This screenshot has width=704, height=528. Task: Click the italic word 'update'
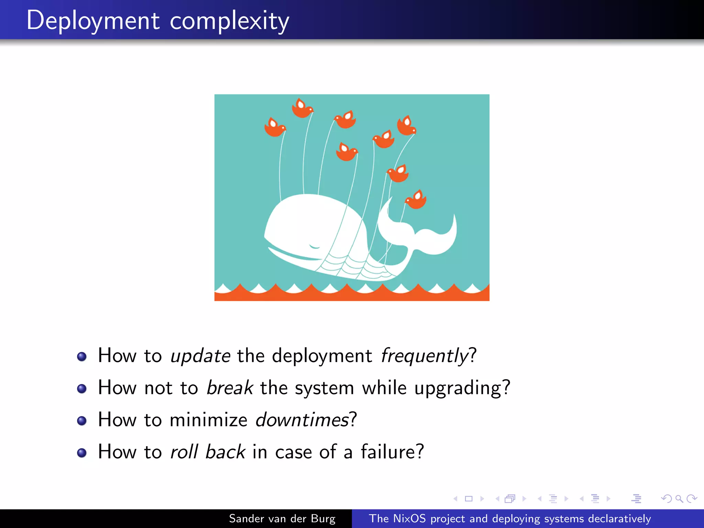pyautogui.click(x=200, y=356)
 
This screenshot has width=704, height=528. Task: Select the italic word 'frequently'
pyautogui.click(x=425, y=356)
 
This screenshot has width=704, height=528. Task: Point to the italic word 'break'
pyautogui.click(x=230, y=388)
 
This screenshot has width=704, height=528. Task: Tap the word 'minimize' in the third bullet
pyautogui.click(x=208, y=420)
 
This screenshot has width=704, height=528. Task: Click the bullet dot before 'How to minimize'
pyautogui.click(x=82, y=421)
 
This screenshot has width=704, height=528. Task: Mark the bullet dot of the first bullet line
pyautogui.click(x=82, y=356)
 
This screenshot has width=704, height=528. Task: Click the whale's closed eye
pyautogui.click(x=314, y=246)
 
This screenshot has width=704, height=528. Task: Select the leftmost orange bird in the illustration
pyautogui.click(x=275, y=128)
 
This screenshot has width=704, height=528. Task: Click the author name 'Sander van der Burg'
pyautogui.click(x=282, y=518)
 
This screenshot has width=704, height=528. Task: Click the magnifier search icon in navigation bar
pyautogui.click(x=679, y=498)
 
